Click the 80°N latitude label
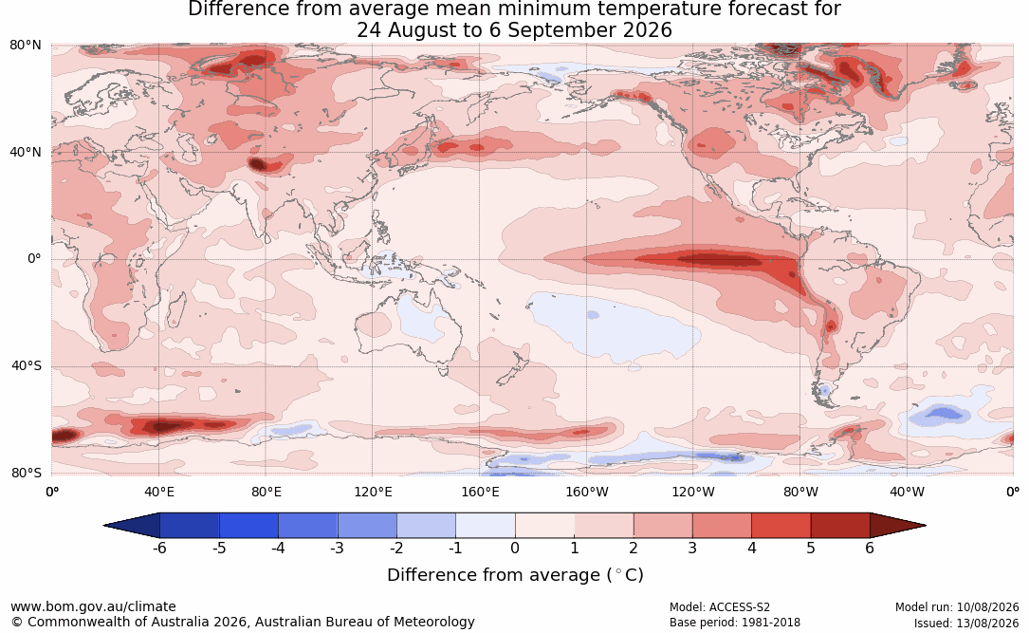coord(25,46)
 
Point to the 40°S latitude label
coord(27,365)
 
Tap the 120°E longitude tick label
coord(373,492)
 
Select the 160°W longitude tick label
coord(587,492)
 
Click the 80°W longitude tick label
coord(800,492)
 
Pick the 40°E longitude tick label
coord(159,492)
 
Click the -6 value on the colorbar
coord(158,548)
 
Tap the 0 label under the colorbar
coord(515,548)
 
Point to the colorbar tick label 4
coord(751,548)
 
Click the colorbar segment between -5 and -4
coord(248,526)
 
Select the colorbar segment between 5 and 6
coord(840,526)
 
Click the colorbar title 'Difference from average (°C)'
coord(515,575)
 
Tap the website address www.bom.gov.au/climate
coord(93,606)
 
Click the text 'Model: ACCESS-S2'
coord(719,607)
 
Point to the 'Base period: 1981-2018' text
coord(734,623)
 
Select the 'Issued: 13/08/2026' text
coord(966,623)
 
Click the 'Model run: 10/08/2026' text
coord(957,607)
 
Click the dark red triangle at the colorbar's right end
coord(896,526)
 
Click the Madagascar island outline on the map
coord(175,309)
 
